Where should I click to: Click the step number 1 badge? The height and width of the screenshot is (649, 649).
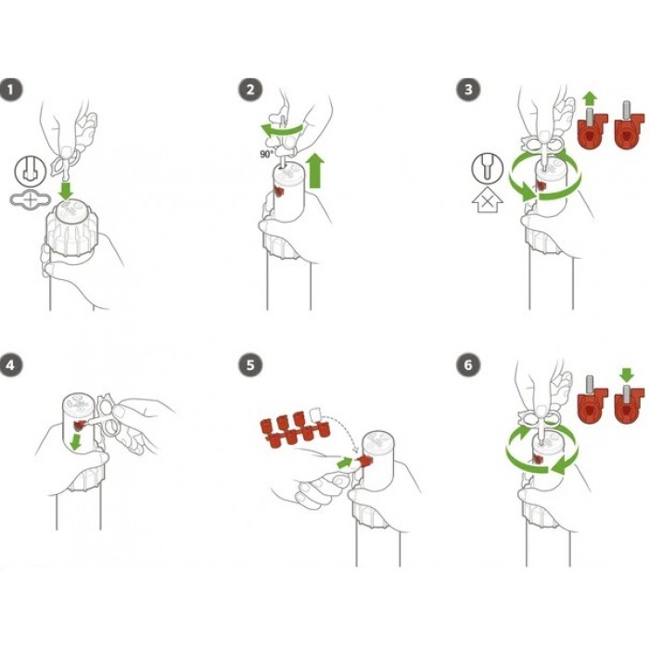tap(11, 89)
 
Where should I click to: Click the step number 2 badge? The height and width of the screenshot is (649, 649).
tap(250, 89)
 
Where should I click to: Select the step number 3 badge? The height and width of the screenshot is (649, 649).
tap(468, 89)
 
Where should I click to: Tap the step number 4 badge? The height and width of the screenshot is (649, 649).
tap(11, 365)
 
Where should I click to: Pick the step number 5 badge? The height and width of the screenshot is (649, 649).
tap(250, 365)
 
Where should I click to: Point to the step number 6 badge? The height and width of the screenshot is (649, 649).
tap(468, 365)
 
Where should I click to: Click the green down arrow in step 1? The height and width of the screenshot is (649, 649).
tap(66, 190)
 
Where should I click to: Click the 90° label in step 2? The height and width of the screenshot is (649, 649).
tap(267, 155)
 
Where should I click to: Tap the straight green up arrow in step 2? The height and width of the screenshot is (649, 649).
tap(316, 170)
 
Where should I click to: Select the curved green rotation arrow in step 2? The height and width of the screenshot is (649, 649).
tap(282, 130)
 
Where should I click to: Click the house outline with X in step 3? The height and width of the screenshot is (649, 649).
tap(488, 202)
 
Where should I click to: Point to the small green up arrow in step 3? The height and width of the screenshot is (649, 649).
tap(590, 99)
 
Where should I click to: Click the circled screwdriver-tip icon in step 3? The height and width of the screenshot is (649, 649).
tap(488, 169)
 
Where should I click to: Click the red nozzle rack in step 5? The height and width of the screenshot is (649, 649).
tap(294, 430)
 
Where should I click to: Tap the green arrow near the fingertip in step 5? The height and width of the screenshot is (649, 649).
tap(345, 462)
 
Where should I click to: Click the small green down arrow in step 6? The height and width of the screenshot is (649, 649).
tap(627, 375)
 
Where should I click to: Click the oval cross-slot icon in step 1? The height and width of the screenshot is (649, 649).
tap(31, 200)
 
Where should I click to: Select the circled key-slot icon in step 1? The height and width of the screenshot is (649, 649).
tap(31, 171)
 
